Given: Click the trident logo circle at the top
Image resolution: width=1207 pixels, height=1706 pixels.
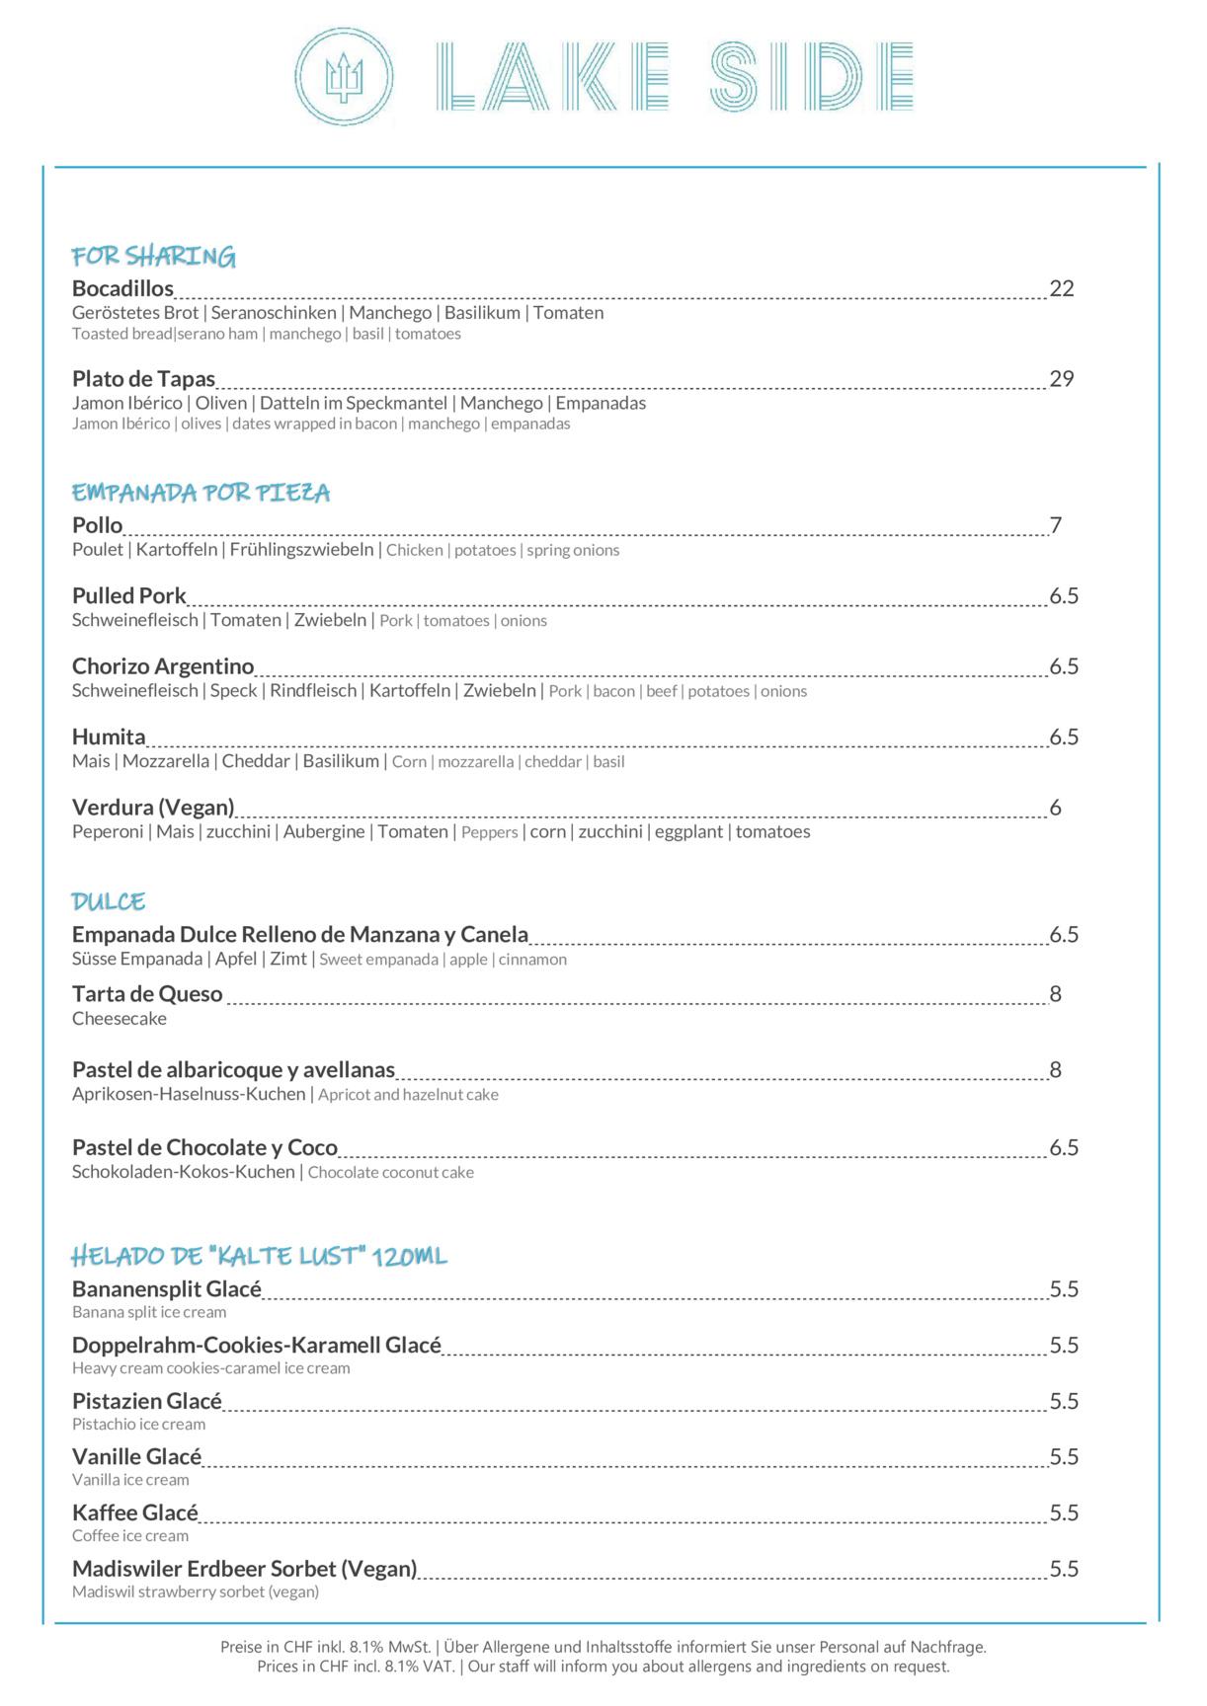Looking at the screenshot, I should tap(344, 77).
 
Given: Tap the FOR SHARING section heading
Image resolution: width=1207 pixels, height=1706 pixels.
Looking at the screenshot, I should tap(153, 257).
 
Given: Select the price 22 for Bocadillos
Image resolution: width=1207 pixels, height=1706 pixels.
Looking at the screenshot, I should tap(1061, 288).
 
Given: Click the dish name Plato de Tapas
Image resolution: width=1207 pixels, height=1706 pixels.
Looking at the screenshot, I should tap(143, 379).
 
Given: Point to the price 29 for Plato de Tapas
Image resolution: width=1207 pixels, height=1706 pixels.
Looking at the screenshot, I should tap(1061, 379).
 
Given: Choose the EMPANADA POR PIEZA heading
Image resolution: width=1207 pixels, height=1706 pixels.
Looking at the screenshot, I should tap(201, 493).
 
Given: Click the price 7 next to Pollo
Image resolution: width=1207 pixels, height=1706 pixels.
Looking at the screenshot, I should tap(1055, 525).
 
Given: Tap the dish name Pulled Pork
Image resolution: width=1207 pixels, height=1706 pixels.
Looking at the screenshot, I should tap(128, 596).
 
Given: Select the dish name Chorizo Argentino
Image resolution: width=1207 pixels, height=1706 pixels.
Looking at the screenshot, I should tap(163, 666).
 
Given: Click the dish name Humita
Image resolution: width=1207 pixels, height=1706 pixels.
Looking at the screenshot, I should tap(109, 737).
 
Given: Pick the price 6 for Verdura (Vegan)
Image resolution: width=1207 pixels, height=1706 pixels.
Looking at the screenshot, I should tap(1055, 808).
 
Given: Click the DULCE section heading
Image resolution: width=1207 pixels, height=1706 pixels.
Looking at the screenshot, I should tap(109, 901).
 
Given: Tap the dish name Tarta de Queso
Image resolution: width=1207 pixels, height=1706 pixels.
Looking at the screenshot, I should tap(147, 994).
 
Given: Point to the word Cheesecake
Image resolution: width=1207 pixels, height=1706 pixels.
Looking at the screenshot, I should tap(120, 1019).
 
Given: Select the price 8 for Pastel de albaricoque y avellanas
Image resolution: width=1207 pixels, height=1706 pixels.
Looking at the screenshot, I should tap(1055, 1070).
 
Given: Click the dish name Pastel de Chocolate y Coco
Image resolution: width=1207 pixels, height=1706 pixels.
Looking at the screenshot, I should tap(204, 1148).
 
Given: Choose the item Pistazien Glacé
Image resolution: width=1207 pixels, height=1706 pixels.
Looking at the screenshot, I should tap(147, 1402).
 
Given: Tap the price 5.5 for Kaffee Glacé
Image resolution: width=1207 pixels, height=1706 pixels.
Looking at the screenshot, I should tap(1063, 1513).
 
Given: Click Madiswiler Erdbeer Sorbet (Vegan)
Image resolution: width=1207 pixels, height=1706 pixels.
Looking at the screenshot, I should tap(244, 1570).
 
